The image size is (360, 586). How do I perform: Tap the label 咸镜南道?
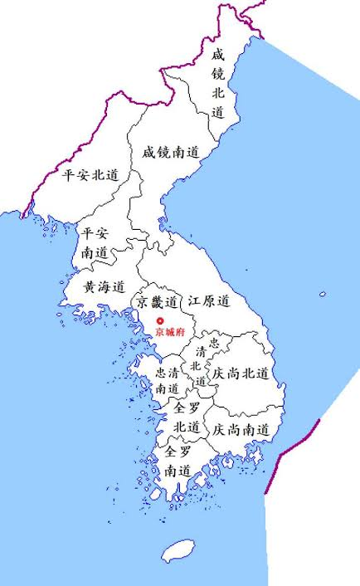coord(171,153)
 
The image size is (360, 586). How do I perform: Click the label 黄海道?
coord(104,286)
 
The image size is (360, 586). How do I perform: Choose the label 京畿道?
coord(158,301)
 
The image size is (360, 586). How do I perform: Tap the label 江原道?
coord(208,300)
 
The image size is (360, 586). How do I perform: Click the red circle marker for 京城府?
coord(160,320)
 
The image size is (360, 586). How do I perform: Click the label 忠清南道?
coord(168,380)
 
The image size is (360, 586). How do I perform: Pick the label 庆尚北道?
coord(241,374)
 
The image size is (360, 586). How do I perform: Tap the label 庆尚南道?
coord(241,430)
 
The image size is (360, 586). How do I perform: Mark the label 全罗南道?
coord(178,461)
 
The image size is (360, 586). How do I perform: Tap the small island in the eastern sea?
coord(323,294)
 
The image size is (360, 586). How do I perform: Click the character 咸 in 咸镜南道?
coord(148,153)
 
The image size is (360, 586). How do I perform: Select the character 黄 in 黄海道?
coord(90,286)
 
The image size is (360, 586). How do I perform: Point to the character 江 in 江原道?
coord(194,300)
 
